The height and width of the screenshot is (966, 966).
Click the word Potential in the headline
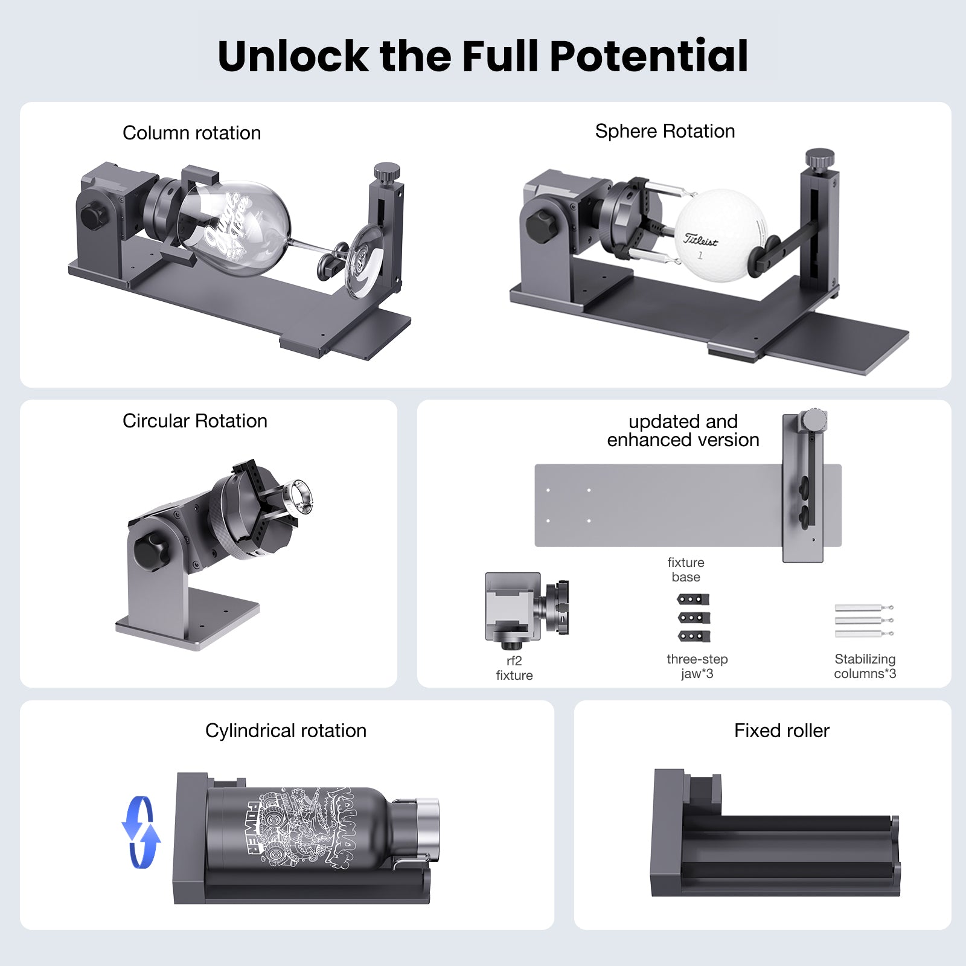[x=649, y=56]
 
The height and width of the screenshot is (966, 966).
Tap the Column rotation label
[x=191, y=133]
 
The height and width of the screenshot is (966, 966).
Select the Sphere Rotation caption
[x=665, y=131]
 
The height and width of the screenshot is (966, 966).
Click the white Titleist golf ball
[x=718, y=235]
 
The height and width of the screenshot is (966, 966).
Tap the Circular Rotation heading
[x=194, y=421]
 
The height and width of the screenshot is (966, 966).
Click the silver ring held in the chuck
[x=300, y=496]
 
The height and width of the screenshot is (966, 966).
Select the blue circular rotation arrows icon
[x=141, y=832]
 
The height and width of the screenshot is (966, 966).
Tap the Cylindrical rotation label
[x=286, y=731]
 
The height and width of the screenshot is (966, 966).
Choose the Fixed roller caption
[x=781, y=731]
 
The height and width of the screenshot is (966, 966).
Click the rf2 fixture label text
[x=514, y=668]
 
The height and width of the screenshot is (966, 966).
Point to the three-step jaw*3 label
[x=697, y=666]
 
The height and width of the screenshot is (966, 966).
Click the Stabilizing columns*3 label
[x=865, y=666]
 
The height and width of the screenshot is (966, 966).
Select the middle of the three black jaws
[x=694, y=618]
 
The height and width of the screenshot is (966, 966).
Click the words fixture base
[x=685, y=569]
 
